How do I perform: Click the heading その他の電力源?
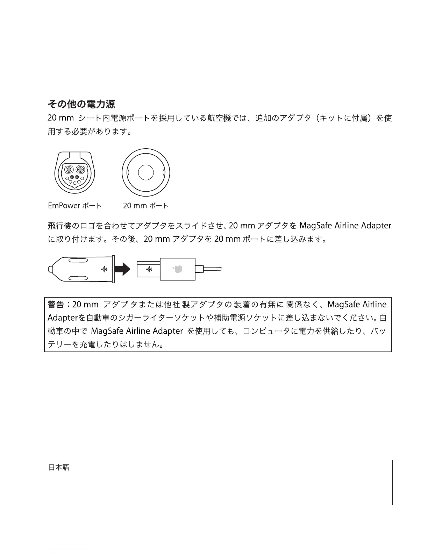pos(81,104)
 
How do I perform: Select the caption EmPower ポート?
pos(74,206)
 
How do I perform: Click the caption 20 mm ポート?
pos(145,206)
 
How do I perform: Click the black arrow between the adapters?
pos(123,269)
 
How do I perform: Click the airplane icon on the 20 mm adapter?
pos(104,269)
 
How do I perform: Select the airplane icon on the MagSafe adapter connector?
pos(149,269)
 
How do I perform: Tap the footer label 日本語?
pos(58,468)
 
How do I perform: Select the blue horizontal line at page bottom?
pos(69,551)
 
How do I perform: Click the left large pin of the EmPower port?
pos(69,170)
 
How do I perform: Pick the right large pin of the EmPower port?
pos(81,170)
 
